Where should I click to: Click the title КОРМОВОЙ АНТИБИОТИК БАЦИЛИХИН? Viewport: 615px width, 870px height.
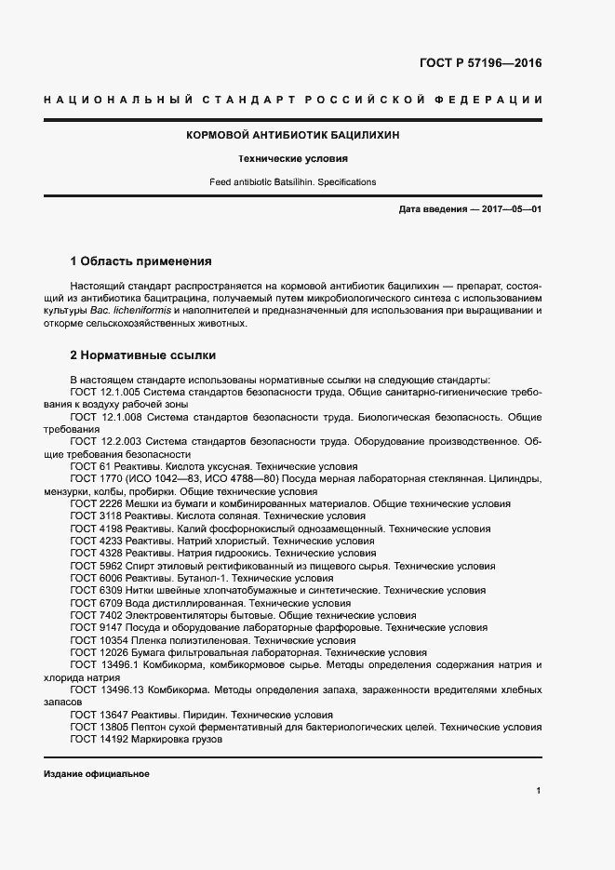293,135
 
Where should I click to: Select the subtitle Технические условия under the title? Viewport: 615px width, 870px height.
293,159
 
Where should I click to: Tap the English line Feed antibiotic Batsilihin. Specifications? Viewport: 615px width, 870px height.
293,182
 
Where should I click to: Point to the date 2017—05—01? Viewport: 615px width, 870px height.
512,210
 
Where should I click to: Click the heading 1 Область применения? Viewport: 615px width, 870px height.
140,261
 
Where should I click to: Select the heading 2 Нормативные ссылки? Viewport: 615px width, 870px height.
144,355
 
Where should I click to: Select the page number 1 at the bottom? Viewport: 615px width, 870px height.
539,791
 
